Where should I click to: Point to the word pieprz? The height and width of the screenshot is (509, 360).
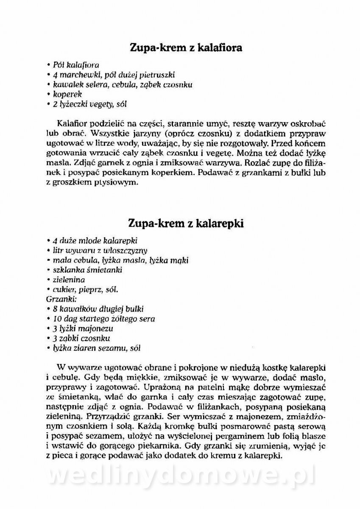91,289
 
